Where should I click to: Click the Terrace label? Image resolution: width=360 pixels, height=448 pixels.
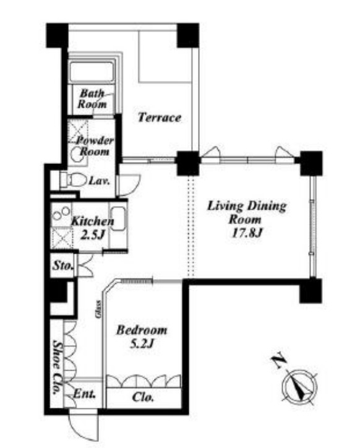[160, 118]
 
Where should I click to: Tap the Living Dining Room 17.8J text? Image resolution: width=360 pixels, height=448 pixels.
[247, 220]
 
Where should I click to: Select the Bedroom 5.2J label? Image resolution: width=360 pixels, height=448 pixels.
[142, 337]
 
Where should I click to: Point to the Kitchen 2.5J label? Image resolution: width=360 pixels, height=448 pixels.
[92, 228]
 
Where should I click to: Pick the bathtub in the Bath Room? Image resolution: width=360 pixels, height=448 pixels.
[92, 72]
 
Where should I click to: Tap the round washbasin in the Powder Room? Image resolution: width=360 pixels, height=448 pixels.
[77, 153]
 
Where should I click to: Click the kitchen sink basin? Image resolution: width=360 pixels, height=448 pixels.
[118, 218]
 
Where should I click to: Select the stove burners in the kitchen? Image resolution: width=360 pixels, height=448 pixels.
[61, 213]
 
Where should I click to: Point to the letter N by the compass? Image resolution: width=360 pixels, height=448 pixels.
[278, 361]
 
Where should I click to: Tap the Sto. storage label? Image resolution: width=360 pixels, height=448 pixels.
[62, 265]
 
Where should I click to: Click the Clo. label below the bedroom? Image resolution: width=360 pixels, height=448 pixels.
[143, 397]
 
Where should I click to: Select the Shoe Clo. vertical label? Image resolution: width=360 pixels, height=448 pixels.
[58, 367]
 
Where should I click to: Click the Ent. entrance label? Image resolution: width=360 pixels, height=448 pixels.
[84, 394]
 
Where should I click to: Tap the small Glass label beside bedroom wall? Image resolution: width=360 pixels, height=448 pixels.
[98, 309]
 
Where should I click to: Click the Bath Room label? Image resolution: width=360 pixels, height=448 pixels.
[92, 98]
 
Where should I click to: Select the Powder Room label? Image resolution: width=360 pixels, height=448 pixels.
[95, 145]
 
